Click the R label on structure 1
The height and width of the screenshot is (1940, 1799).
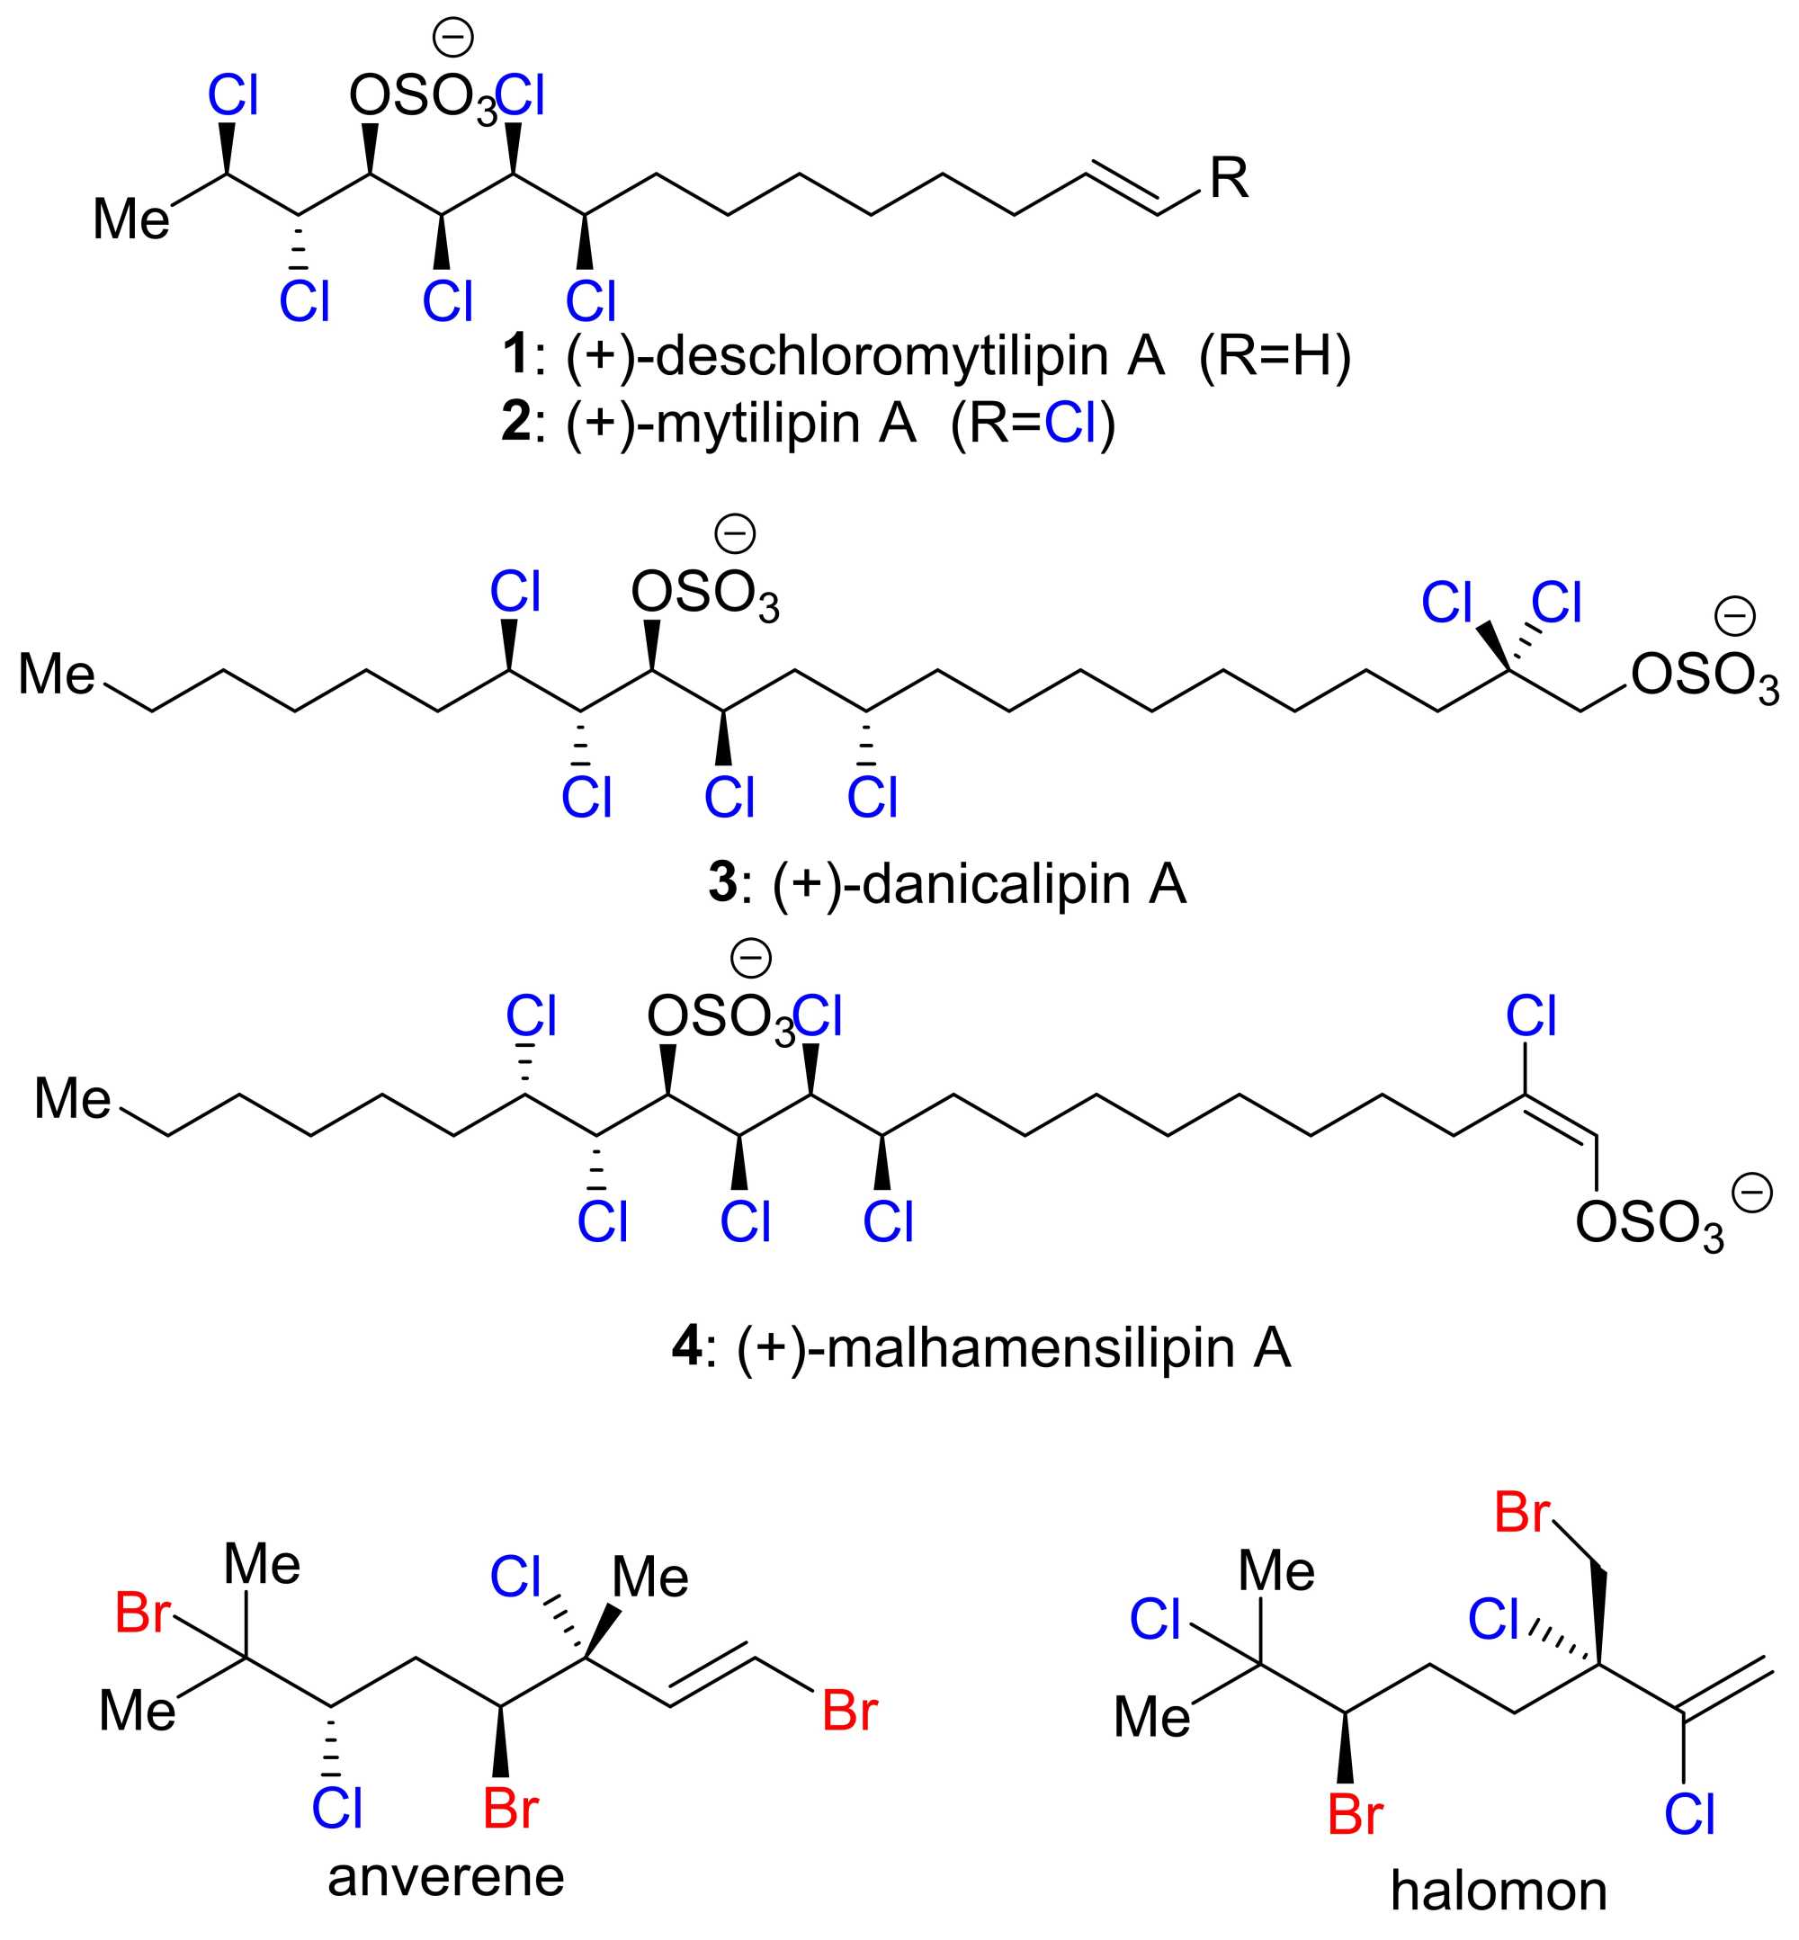1229,178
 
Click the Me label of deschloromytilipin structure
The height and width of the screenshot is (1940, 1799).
131,219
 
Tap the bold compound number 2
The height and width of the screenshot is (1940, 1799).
516,423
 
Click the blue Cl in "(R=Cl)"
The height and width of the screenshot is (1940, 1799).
1070,423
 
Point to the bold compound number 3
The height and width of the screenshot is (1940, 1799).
722,883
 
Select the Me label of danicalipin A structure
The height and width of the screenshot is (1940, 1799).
57,674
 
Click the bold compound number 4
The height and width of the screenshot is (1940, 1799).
687,1348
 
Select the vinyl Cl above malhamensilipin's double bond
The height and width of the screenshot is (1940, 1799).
1531,1017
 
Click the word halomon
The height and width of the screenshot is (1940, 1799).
1499,1891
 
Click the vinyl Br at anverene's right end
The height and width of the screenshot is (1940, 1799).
850,1712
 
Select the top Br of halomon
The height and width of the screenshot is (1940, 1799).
1522,1515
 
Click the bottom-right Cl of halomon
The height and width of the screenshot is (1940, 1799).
1690,1815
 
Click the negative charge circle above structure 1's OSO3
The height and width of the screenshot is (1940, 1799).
453,38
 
